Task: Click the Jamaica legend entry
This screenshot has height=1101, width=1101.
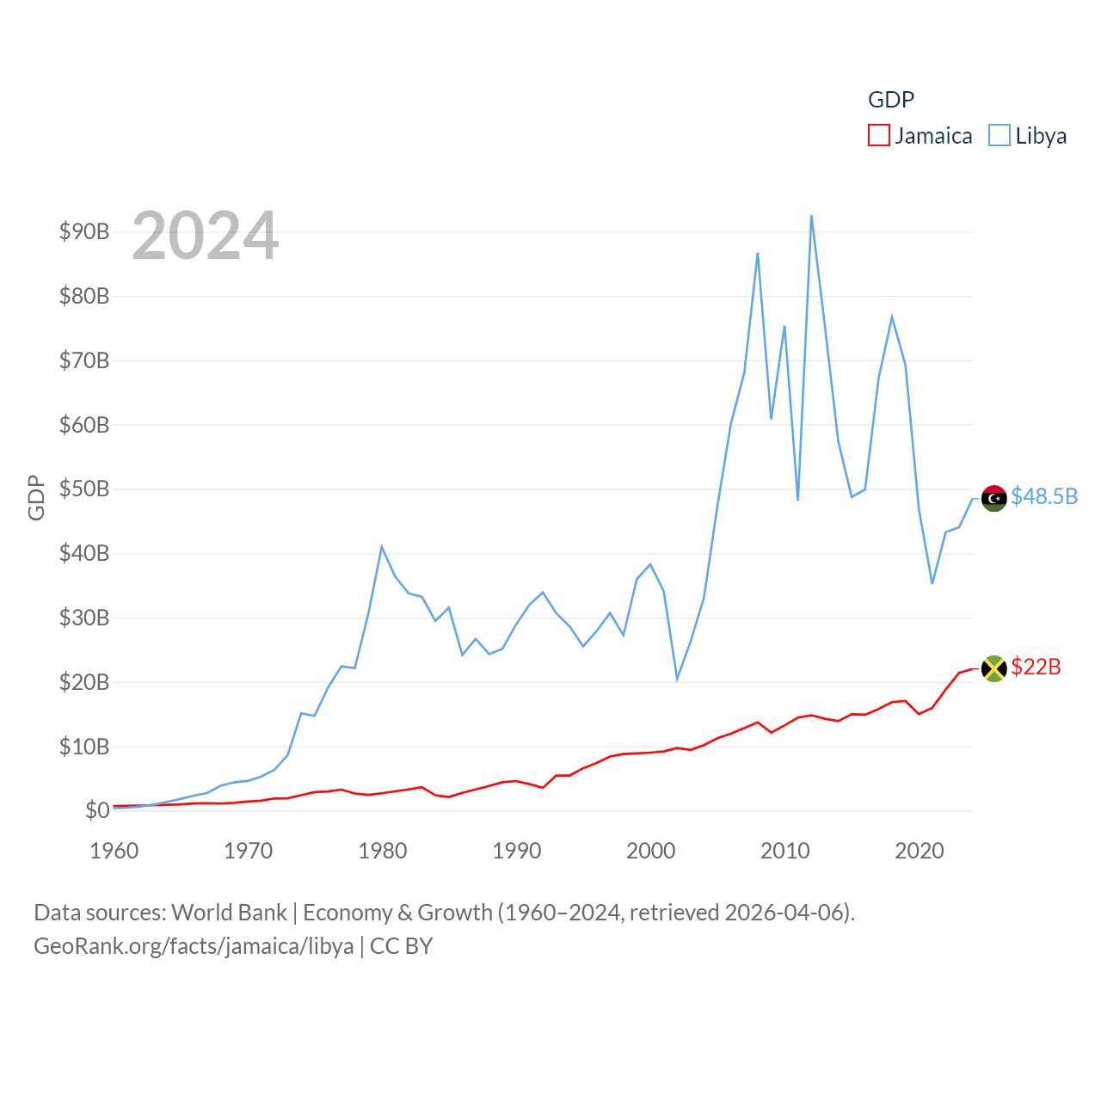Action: pyautogui.click(x=920, y=136)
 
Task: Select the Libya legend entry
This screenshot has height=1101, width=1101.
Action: pyautogui.click(x=1028, y=136)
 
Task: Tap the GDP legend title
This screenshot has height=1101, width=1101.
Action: pyautogui.click(x=890, y=100)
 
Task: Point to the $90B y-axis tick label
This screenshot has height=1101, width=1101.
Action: pyautogui.click(x=83, y=231)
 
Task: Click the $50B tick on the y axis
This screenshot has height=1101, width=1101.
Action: pyautogui.click(x=83, y=489)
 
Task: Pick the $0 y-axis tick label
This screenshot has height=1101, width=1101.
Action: pyautogui.click(x=97, y=810)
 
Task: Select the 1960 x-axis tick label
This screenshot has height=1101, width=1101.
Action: pyautogui.click(x=114, y=852)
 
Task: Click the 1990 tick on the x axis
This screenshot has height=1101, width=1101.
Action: pyautogui.click(x=516, y=852)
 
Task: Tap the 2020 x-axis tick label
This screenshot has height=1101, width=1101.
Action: pyautogui.click(x=919, y=852)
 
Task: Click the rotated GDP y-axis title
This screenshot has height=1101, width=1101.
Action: pyautogui.click(x=36, y=497)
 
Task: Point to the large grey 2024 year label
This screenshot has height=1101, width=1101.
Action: pyautogui.click(x=205, y=236)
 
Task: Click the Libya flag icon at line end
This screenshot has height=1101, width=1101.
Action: pyautogui.click(x=993, y=498)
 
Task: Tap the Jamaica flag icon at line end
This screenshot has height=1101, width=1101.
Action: pyautogui.click(x=993, y=668)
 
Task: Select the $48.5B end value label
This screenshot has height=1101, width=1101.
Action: pyautogui.click(x=1043, y=497)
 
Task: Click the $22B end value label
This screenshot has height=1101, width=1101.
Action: pyautogui.click(x=1036, y=667)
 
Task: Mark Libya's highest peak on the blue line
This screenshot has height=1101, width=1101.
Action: pyautogui.click(x=811, y=216)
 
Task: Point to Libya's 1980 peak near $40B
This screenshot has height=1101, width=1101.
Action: pyautogui.click(x=382, y=547)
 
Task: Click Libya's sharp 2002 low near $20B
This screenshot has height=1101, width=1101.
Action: pyautogui.click(x=677, y=680)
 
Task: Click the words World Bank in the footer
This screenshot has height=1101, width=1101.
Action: pyautogui.click(x=229, y=913)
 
